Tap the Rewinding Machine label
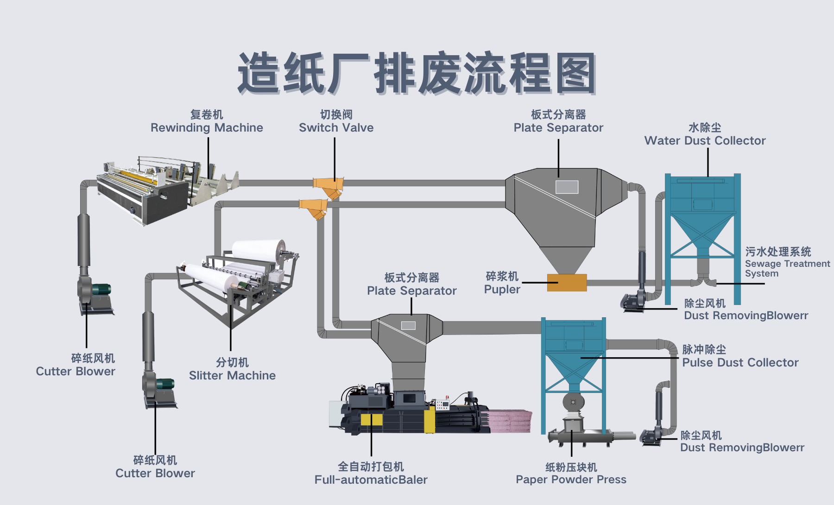click(x=207, y=127)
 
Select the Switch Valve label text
click(x=336, y=127)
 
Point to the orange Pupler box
click(x=567, y=282)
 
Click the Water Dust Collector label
click(x=705, y=140)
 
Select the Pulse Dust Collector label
click(x=740, y=362)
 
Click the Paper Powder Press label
click(x=571, y=479)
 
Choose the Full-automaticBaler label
click(x=371, y=479)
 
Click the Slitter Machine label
click(x=232, y=375)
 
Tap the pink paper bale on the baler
click(x=510, y=420)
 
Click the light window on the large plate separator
click(x=567, y=187)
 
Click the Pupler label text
click(x=502, y=289)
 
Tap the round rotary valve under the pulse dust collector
click(x=573, y=402)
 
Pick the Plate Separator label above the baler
click(x=411, y=290)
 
